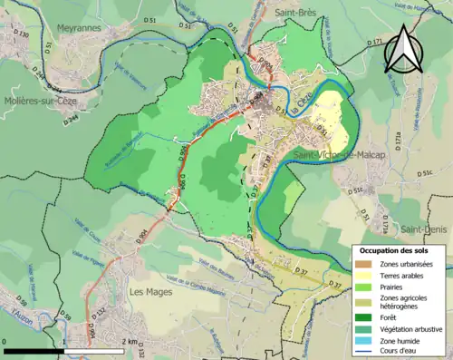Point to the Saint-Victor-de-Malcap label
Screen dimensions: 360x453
click(335, 156)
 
